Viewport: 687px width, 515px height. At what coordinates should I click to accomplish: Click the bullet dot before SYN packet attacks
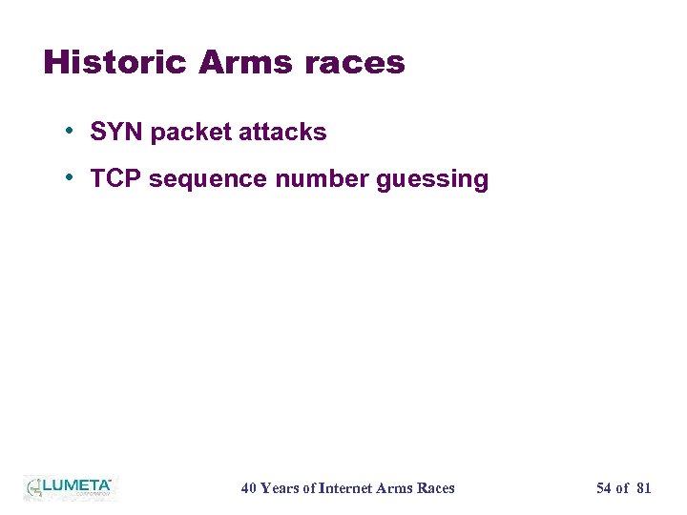(71, 131)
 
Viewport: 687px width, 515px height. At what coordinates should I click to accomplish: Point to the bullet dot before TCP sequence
(71, 177)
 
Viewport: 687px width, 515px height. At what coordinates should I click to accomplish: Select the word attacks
(282, 133)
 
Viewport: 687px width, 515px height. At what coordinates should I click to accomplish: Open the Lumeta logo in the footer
(69, 487)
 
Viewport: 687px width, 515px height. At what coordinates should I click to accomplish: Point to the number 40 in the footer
(248, 488)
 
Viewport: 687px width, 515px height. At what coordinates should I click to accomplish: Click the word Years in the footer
(280, 488)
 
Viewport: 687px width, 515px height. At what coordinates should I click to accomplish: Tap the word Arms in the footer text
(395, 488)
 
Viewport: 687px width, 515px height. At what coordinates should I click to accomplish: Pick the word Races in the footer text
(436, 488)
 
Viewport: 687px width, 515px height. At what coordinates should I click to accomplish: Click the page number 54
(603, 488)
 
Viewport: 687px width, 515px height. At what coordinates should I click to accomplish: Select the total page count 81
(643, 488)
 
